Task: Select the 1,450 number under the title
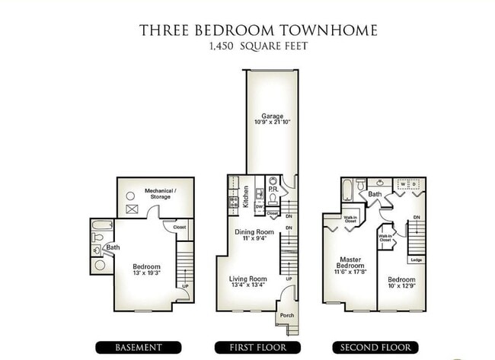coord(222,46)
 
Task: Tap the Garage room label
coord(271,115)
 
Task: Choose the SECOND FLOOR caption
coord(375,347)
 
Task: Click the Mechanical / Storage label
coord(161,193)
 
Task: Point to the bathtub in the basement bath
coord(100,227)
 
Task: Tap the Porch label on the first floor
coord(286,316)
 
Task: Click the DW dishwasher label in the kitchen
coord(259,206)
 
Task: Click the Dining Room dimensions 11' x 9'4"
coord(254,239)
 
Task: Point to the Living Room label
coord(248,279)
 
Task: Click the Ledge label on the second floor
coord(416,260)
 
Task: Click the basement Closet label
coord(180,226)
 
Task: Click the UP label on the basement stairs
coord(184,286)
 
